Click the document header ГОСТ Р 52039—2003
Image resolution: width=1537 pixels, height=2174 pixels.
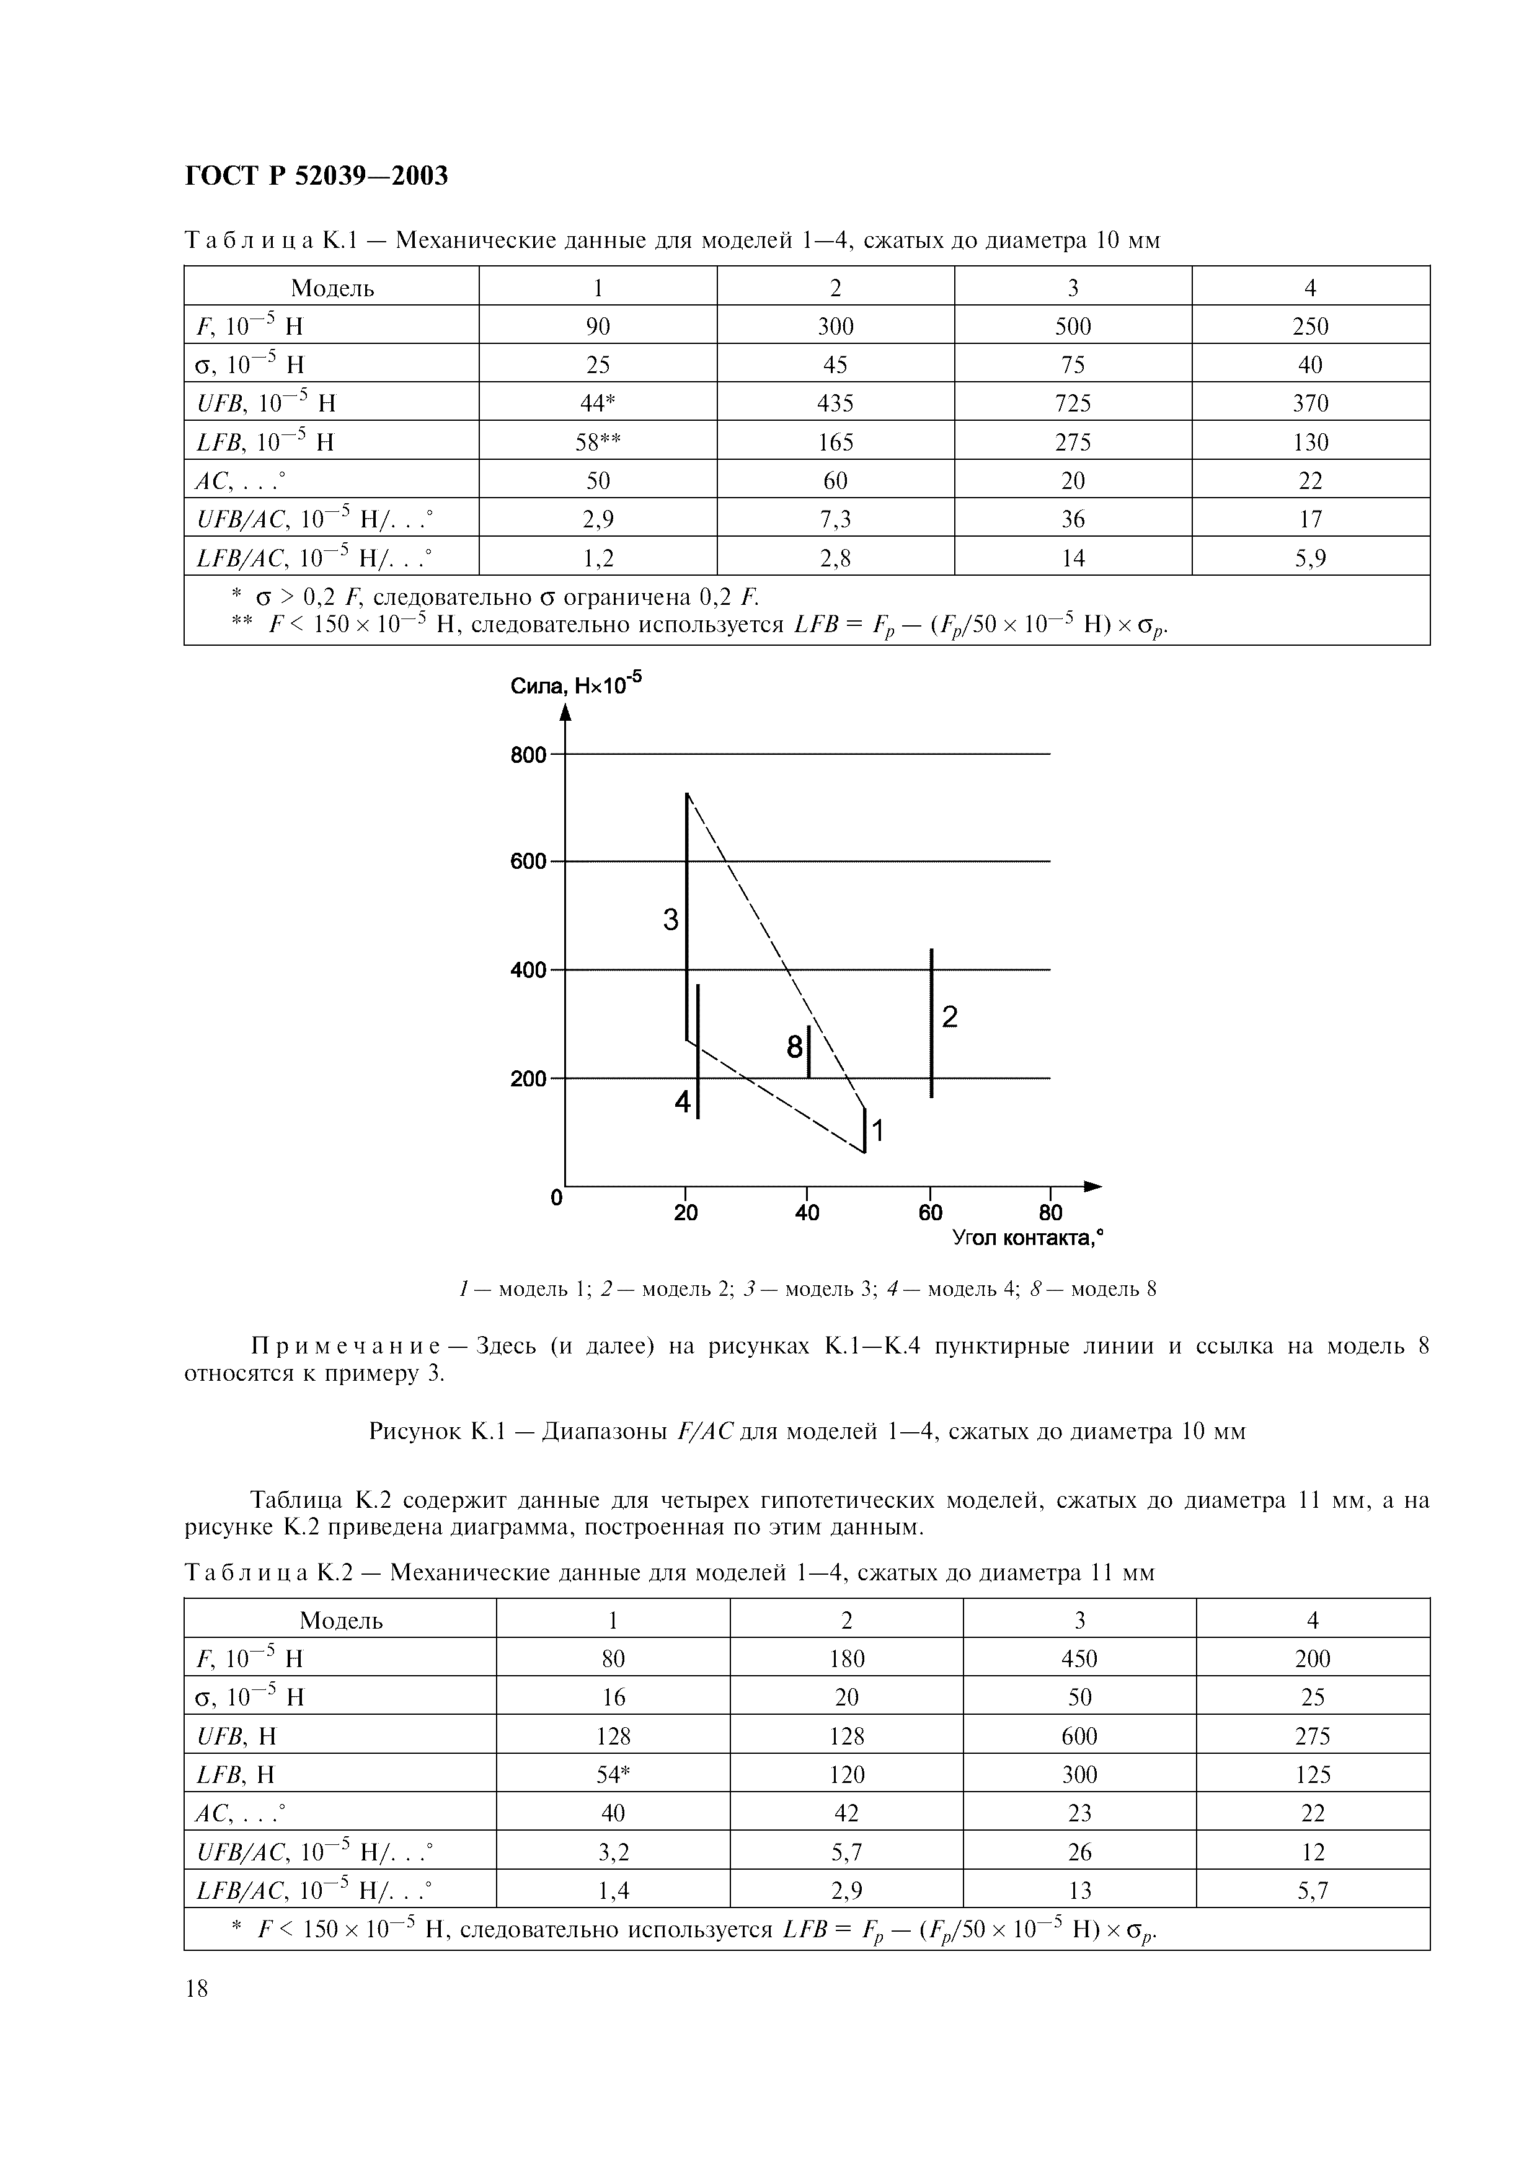316,176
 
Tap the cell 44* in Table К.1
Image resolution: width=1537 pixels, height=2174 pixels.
598,403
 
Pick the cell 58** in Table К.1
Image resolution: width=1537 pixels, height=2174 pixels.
598,442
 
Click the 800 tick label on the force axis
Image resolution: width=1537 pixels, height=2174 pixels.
528,755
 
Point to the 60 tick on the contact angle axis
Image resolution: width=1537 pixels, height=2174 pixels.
930,1212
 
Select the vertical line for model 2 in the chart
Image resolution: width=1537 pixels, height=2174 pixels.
931,1023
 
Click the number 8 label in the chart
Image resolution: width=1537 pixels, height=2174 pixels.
794,1047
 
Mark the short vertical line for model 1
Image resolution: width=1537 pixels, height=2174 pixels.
864,1130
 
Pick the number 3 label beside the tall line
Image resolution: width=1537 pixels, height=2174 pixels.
670,918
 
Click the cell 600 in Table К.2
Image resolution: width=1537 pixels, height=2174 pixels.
1079,1736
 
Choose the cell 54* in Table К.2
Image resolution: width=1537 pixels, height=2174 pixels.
613,1774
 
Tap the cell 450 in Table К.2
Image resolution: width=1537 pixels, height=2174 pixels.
1079,1659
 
